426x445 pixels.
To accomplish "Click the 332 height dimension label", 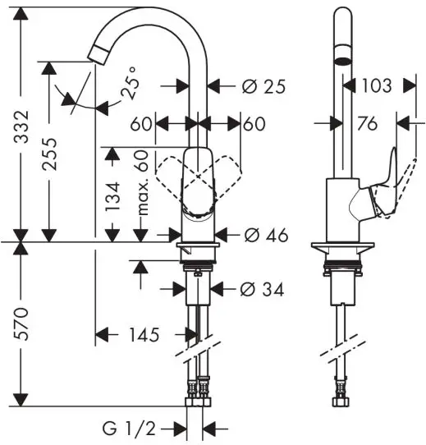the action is click(x=22, y=126).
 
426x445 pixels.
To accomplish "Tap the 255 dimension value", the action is click(x=50, y=154).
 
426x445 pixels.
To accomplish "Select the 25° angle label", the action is click(x=131, y=83).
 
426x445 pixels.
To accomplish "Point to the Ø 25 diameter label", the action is click(x=263, y=86).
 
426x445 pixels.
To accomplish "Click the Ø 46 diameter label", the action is click(x=266, y=236).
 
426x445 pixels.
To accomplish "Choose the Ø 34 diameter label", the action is click(x=262, y=290).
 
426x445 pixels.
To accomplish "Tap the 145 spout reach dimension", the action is click(x=144, y=335).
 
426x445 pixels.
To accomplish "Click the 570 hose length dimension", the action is click(x=22, y=324).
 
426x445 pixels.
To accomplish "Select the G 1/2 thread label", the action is click(x=129, y=429).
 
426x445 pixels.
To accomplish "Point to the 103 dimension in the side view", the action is click(x=376, y=85).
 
